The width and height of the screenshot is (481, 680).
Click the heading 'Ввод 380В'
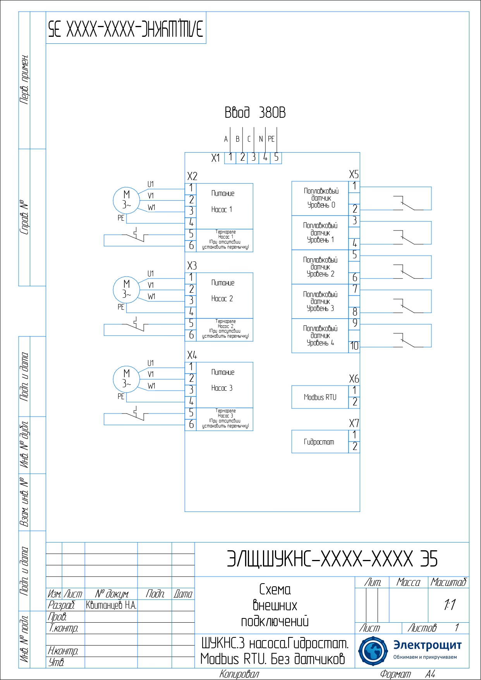[x=255, y=113]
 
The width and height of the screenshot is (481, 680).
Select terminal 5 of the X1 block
[x=276, y=157]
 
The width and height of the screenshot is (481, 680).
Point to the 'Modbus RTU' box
[x=320, y=397]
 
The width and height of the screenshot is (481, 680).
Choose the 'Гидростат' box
[x=320, y=441]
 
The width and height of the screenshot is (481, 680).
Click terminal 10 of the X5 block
[x=354, y=346]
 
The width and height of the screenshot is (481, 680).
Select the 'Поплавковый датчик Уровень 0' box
[x=320, y=198]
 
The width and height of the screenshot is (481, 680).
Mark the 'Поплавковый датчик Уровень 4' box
[x=320, y=336]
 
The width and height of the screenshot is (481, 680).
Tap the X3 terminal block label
[x=192, y=266]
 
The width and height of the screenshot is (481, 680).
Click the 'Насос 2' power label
[x=222, y=299]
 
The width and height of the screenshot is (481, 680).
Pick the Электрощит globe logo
[x=373, y=651]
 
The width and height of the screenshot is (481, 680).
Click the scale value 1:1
[x=449, y=604]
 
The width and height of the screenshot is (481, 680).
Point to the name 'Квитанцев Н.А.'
[x=111, y=605]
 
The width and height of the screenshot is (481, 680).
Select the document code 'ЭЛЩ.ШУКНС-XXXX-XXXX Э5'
[x=332, y=559]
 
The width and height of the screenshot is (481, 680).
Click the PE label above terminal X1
[x=271, y=139]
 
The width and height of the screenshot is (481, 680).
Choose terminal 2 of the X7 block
[x=354, y=446]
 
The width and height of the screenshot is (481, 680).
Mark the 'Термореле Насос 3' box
[x=225, y=419]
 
